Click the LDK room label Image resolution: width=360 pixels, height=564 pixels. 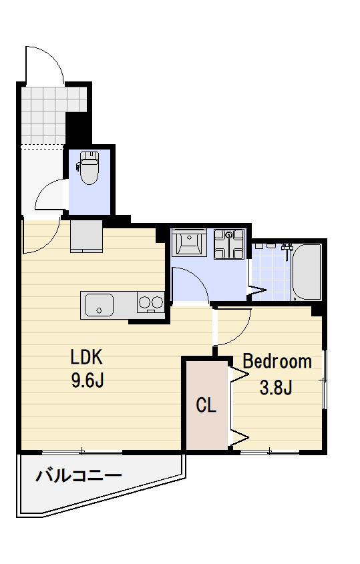pyautogui.click(x=86, y=357)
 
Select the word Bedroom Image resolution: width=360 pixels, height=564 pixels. pyautogui.click(x=277, y=362)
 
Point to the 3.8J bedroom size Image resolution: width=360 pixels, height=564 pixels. pyautogui.click(x=275, y=387)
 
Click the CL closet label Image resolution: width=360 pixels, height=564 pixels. pyautogui.click(x=206, y=405)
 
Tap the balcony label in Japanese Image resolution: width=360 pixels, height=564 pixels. pyautogui.click(x=79, y=477)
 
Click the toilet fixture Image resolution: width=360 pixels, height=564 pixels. pyautogui.click(x=87, y=168)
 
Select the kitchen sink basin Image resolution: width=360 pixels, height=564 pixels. pyautogui.click(x=99, y=305)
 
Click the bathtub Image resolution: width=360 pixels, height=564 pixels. pyautogui.click(x=307, y=272)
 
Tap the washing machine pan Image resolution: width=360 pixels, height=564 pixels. pyautogui.click(x=229, y=244)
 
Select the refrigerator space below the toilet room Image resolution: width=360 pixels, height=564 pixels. pyautogui.click(x=86, y=236)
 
